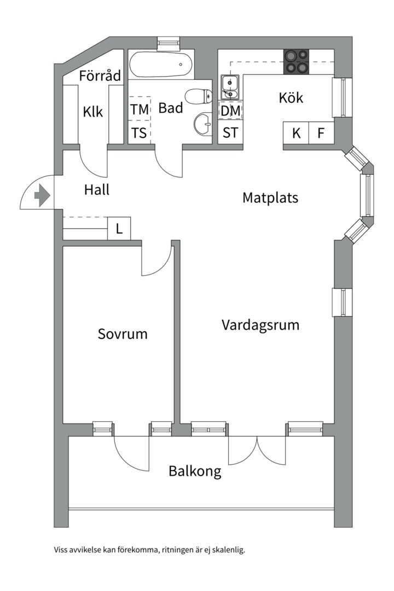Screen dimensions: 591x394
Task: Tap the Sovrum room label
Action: [123, 333]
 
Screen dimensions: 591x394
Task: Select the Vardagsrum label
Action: [260, 325]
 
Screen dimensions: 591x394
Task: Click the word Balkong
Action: [195, 471]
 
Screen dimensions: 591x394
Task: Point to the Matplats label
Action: [270, 197]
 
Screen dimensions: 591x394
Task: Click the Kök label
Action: [291, 98]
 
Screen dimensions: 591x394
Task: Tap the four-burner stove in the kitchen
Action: [296, 61]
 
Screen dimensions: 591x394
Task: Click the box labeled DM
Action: [230, 111]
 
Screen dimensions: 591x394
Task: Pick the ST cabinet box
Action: [230, 133]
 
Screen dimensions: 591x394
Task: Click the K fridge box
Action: [296, 133]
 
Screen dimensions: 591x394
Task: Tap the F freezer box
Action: [321, 133]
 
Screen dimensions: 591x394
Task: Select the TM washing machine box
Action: [139, 109]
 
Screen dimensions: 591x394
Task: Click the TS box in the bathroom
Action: [139, 133]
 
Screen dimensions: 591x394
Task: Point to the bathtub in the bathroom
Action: [162, 65]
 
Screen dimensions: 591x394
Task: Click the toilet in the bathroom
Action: [198, 97]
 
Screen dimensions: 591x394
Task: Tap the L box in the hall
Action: [119, 228]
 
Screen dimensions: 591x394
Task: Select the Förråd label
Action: [100, 76]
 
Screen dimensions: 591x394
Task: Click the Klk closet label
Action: [93, 112]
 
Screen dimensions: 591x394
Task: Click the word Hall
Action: [97, 190]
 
